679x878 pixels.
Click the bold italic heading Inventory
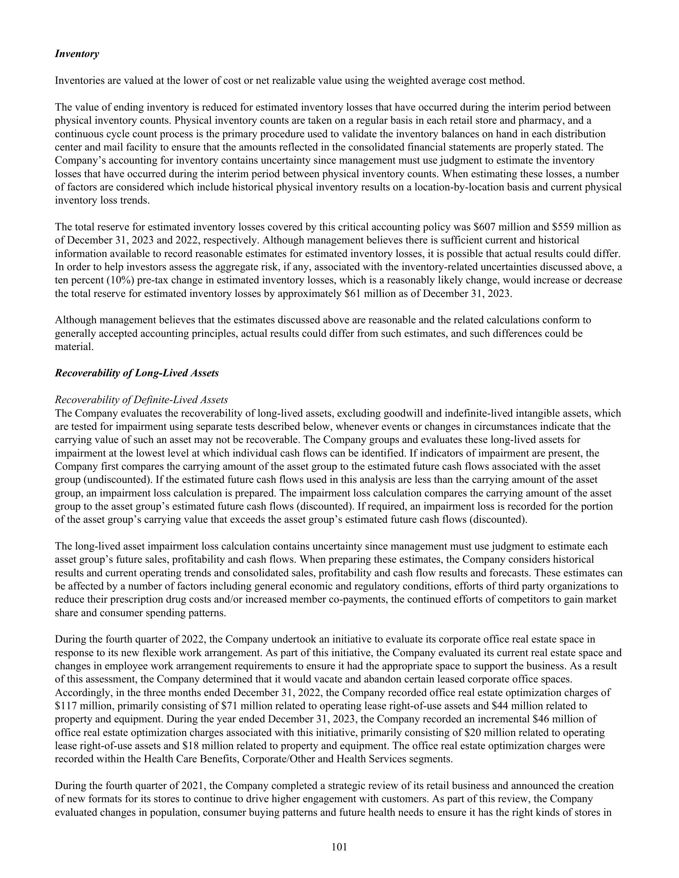(76, 54)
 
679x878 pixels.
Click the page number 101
(339, 847)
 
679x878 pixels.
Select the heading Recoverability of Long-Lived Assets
(137, 373)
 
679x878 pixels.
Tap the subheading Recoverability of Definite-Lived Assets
(141, 399)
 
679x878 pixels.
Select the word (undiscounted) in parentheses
(105, 480)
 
